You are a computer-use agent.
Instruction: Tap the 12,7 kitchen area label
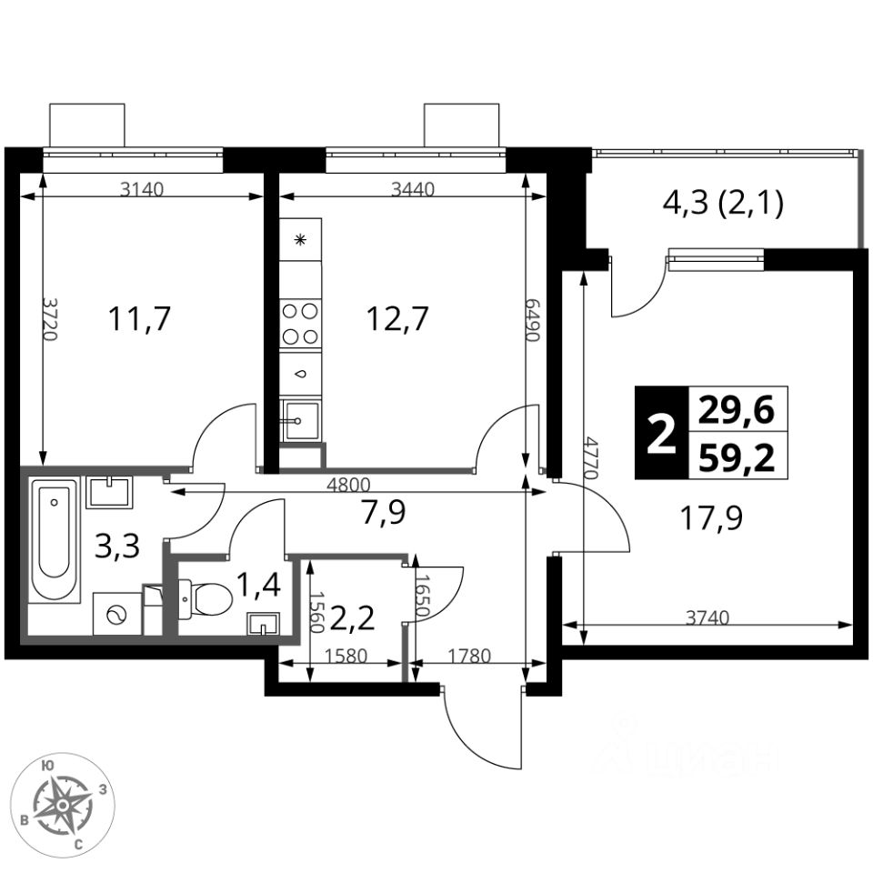point(397,319)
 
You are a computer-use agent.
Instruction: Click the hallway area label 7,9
point(384,512)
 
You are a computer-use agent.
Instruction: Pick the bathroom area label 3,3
point(117,547)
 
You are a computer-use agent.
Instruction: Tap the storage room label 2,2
point(352,618)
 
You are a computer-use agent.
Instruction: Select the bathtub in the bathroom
point(54,539)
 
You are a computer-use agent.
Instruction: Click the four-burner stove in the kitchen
point(301,324)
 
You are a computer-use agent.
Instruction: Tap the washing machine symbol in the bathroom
point(117,614)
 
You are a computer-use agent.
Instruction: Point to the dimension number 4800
point(348,485)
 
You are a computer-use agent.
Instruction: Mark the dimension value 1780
point(469,656)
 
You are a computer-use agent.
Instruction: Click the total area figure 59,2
point(737,459)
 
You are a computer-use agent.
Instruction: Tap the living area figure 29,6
point(737,411)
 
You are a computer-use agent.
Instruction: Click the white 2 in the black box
point(662,434)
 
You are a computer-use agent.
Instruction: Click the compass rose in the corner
point(64,805)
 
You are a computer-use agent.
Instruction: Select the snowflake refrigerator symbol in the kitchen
point(301,240)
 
